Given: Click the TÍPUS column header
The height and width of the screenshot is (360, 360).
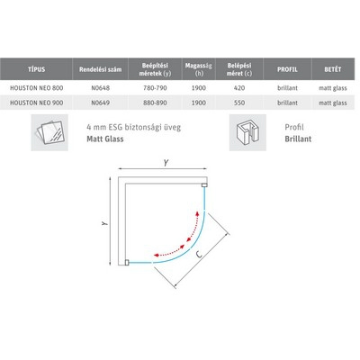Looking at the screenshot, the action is click(x=36, y=69).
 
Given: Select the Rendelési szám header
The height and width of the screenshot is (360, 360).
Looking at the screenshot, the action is click(x=100, y=69).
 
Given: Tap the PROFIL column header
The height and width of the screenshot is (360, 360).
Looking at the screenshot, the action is click(x=287, y=69).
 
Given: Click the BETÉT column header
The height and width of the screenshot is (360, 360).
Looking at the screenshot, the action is click(x=333, y=69).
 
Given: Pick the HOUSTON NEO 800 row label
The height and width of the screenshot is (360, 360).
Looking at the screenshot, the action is click(x=37, y=88).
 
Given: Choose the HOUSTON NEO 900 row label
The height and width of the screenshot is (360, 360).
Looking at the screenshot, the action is click(x=37, y=103).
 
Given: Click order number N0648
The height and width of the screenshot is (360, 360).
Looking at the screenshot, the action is click(x=101, y=88).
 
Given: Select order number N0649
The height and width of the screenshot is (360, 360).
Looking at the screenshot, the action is click(x=101, y=103).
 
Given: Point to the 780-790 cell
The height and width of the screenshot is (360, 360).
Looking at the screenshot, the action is click(x=155, y=88).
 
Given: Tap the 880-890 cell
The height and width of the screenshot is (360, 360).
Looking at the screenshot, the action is click(x=155, y=103).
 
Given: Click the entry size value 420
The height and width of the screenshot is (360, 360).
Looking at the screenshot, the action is click(x=239, y=88).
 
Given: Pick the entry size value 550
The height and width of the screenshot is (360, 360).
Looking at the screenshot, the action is click(x=239, y=103).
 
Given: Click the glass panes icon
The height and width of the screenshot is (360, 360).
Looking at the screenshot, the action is click(x=49, y=132).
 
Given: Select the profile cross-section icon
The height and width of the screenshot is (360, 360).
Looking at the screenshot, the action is click(x=247, y=132).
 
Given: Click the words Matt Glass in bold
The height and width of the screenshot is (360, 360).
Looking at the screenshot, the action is click(x=105, y=139).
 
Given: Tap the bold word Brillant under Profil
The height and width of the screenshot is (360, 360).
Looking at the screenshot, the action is click(x=298, y=139).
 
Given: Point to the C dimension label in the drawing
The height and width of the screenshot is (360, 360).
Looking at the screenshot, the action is click(x=198, y=255).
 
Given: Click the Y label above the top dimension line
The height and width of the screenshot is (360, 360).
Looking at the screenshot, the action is click(x=166, y=163).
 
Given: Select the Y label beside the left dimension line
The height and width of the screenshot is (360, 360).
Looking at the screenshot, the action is click(x=104, y=223).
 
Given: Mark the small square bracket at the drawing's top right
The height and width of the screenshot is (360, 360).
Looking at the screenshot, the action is click(x=205, y=185).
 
